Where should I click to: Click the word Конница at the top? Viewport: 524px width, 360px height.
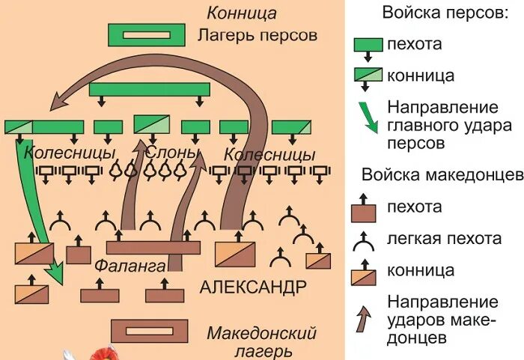pos(242,13)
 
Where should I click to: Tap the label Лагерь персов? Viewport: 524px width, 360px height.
pos(258,35)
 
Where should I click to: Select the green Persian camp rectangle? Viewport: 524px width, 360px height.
pos(147,34)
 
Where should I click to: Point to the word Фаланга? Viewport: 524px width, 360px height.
pos(130,265)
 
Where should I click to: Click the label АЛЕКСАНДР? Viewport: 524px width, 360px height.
pos(253,287)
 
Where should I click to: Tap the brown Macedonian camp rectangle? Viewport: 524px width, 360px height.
pos(150,330)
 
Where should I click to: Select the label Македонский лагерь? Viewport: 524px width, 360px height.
pos(262,341)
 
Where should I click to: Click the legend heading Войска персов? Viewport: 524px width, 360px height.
pos(440,13)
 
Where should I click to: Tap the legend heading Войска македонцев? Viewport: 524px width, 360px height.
pos(442,175)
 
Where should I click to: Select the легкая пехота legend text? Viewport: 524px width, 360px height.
pos(445,239)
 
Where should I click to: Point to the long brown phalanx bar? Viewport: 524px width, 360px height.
pos(153,248)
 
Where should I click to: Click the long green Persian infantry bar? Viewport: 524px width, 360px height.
pos(148,90)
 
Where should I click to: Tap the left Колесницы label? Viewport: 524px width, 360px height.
pos(70,153)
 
